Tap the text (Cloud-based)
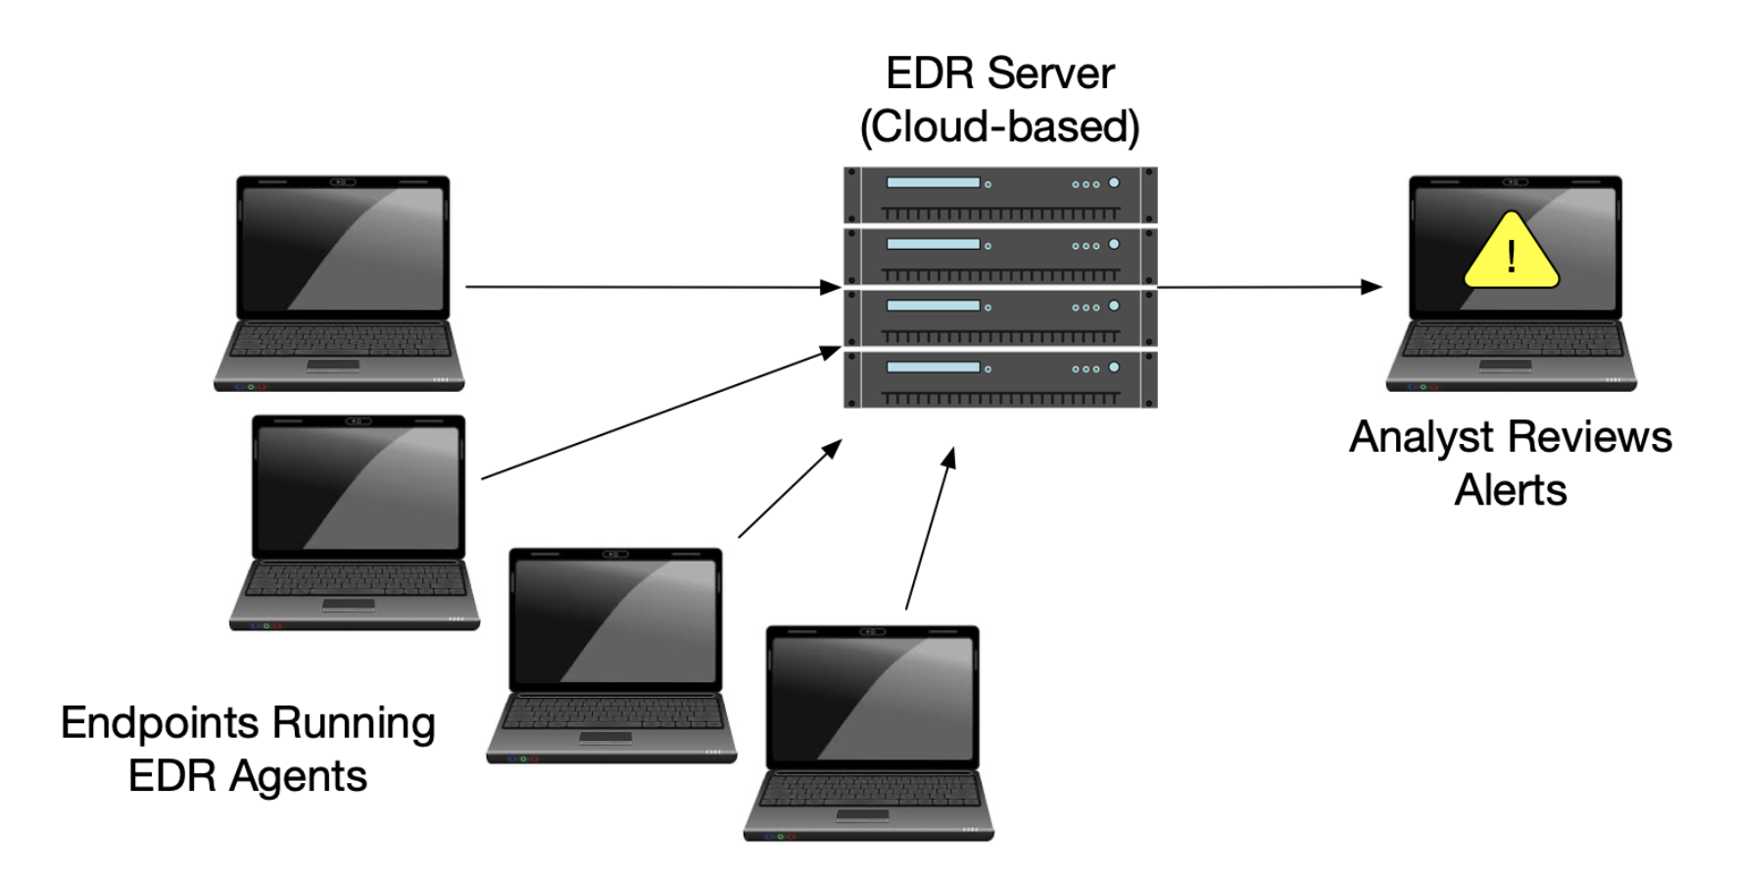tap(999, 127)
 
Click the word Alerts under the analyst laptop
tap(1510, 490)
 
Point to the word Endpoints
tap(160, 723)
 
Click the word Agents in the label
tap(298, 776)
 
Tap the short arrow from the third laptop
tap(789, 490)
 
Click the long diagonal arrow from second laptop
tap(661, 413)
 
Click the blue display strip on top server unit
tap(933, 182)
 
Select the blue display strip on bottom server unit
tap(933, 367)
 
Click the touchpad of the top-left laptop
tap(333, 366)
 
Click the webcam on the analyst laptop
tap(1515, 182)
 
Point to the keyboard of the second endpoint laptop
tap(355, 580)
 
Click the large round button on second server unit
tap(1114, 244)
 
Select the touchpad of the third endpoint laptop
tap(604, 737)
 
